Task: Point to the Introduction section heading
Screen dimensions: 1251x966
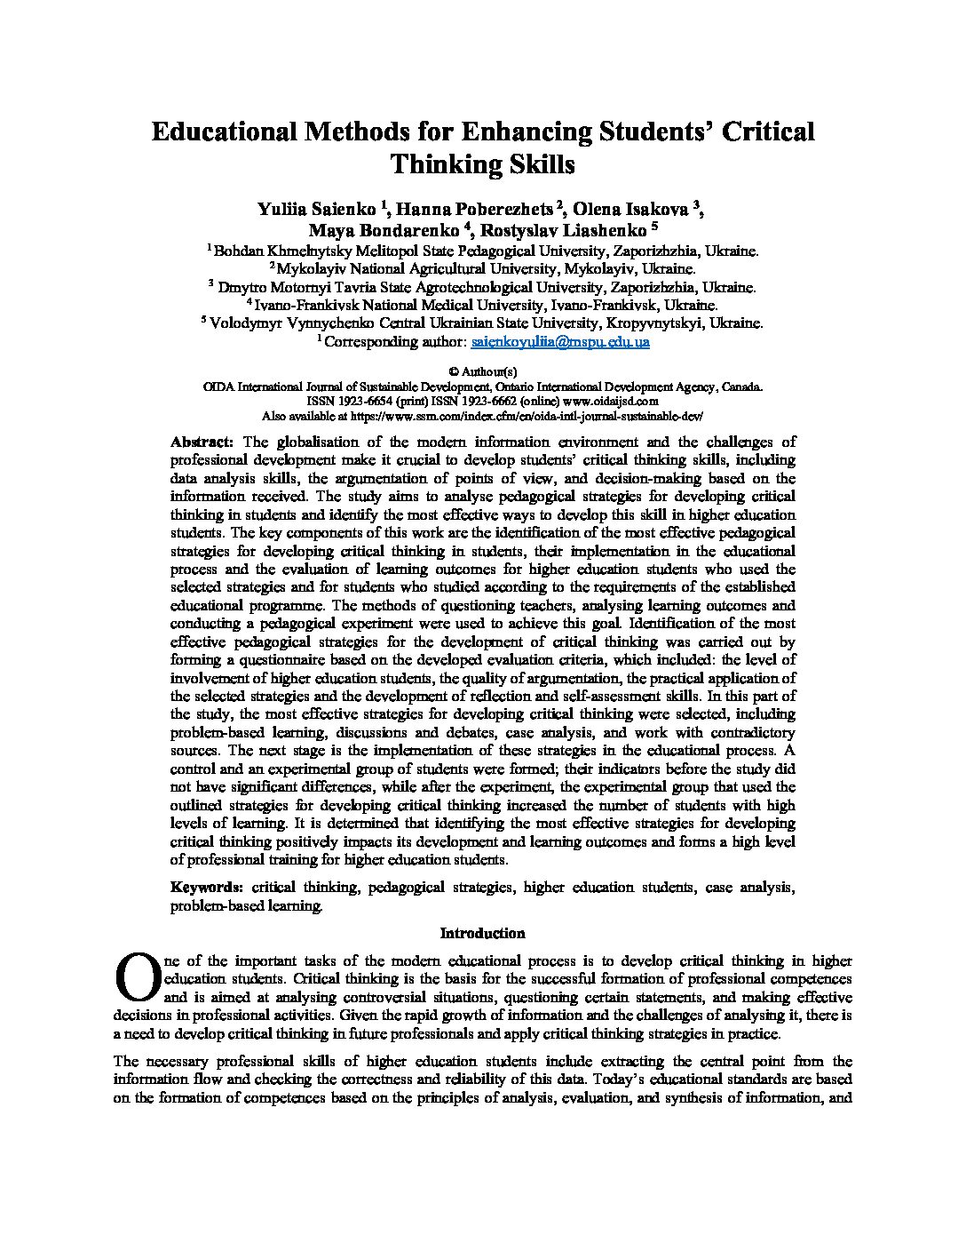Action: pos(482,933)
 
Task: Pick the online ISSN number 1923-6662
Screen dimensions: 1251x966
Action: pos(498,401)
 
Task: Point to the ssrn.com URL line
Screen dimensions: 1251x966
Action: pos(482,415)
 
